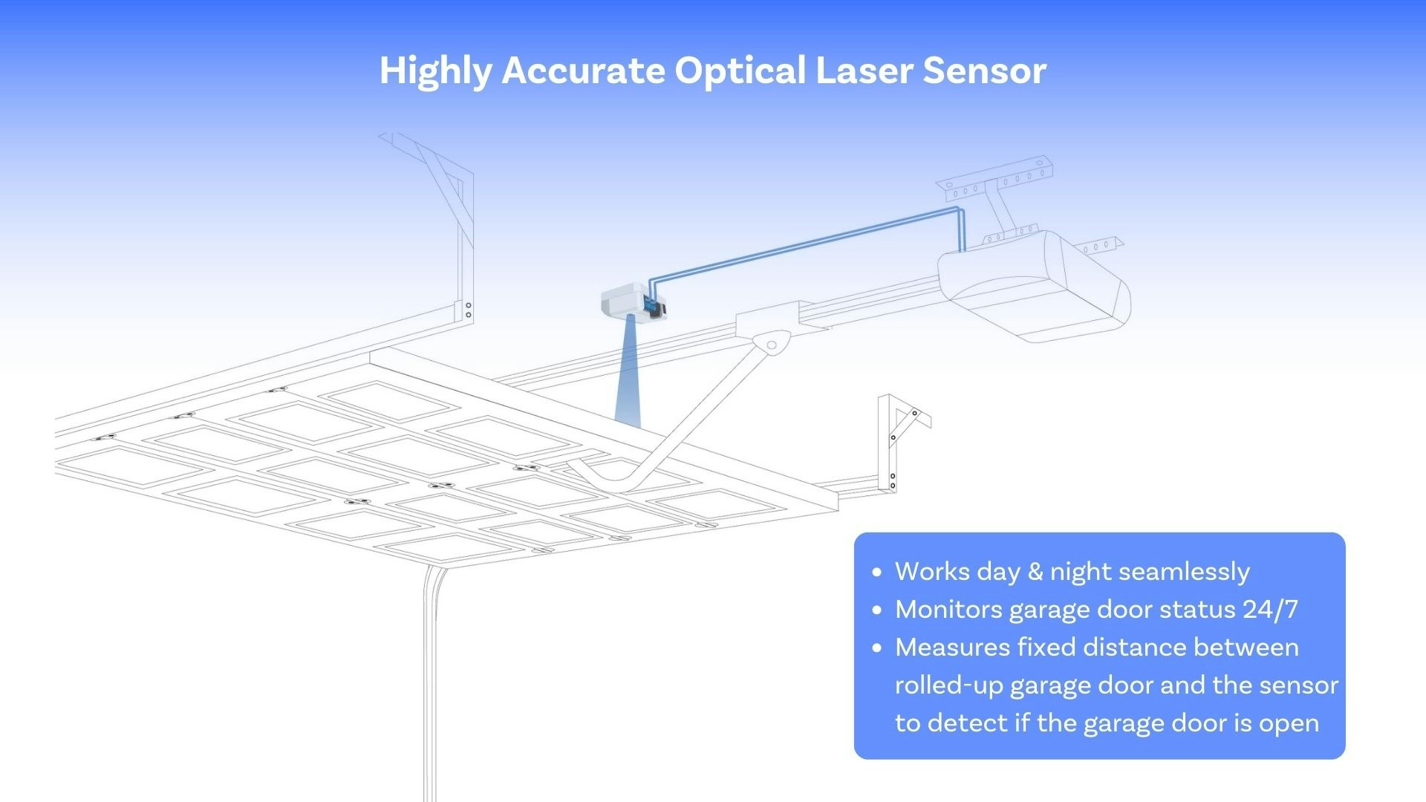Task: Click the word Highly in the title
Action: click(435, 71)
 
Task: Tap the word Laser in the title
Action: click(864, 71)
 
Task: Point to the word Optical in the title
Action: click(740, 71)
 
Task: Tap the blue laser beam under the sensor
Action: click(628, 379)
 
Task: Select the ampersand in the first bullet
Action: click(1035, 572)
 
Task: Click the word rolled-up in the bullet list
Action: click(948, 685)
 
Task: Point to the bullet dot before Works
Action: click(877, 572)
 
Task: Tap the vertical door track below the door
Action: click(430, 683)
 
